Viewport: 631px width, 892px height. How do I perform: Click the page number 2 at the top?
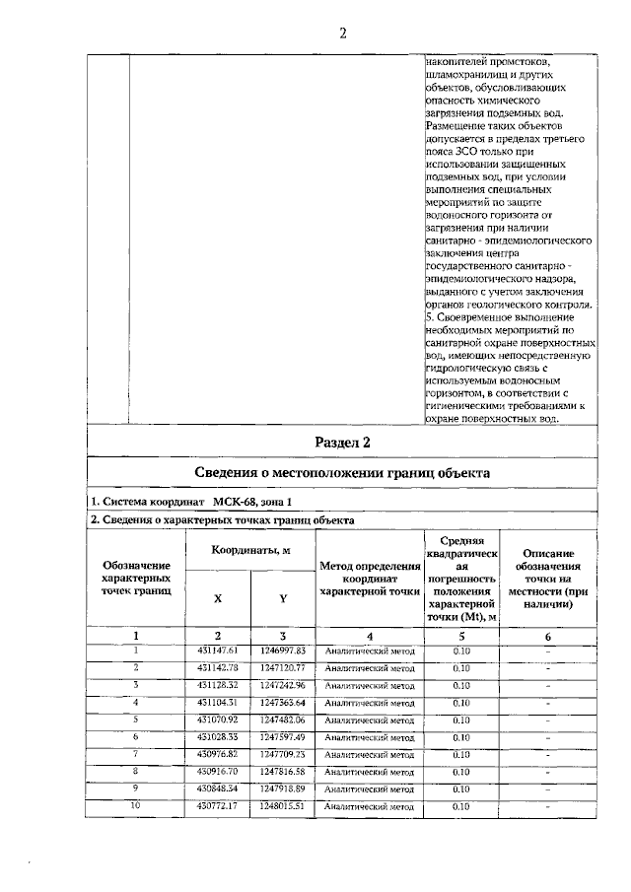coord(342,33)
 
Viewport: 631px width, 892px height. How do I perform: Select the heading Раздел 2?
coord(342,441)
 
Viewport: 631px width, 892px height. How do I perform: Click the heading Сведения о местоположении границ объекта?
coord(342,473)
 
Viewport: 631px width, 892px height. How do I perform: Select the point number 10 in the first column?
coord(136,806)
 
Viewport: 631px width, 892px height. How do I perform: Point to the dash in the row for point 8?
coord(547,772)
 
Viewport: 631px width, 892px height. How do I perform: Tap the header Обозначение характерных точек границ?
coord(136,579)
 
